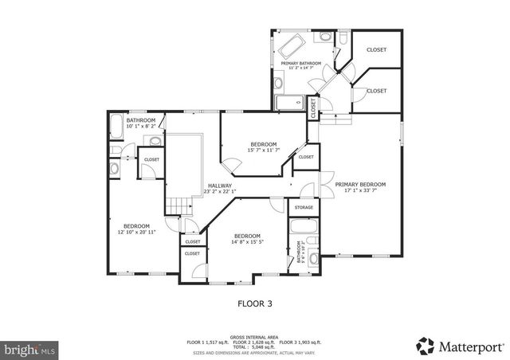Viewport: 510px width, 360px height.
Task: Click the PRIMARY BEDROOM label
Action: tap(365, 183)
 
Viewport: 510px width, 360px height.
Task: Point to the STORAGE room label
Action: tap(304, 208)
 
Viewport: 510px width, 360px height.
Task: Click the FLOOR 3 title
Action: tap(254, 303)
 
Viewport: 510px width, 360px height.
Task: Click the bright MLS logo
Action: tap(30, 349)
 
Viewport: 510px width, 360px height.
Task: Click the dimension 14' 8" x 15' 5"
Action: tap(247, 242)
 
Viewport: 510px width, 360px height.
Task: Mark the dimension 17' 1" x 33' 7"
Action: tap(365, 190)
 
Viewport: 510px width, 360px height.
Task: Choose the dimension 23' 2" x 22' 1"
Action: tap(221, 191)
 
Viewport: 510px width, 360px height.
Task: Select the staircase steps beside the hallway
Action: tap(177, 206)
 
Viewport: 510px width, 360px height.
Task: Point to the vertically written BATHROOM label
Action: tap(299, 253)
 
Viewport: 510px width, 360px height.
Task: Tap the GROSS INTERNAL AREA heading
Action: tap(254, 337)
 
